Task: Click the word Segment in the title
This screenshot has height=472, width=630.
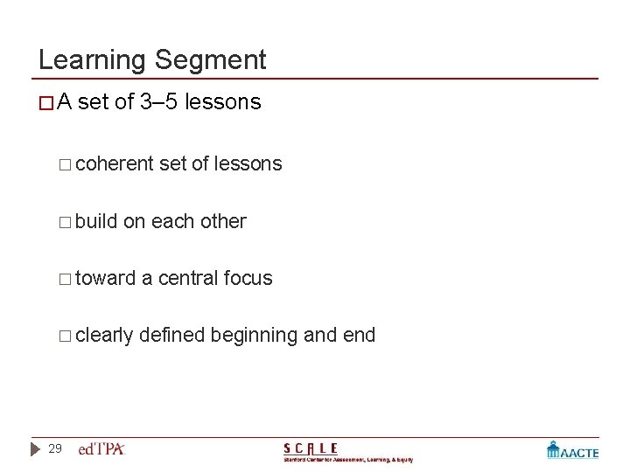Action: point(211,60)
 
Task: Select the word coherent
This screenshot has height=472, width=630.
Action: point(115,163)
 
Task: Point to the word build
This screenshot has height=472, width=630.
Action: point(97,221)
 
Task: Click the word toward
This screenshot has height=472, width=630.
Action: point(106,278)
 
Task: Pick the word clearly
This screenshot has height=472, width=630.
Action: point(105,335)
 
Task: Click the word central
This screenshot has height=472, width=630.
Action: point(188,278)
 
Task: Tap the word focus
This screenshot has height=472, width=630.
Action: point(248,278)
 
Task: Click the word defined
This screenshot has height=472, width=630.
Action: point(174,335)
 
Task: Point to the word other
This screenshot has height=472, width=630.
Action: point(223,221)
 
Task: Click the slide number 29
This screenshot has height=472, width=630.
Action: point(55,449)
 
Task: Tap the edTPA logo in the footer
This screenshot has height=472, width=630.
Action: point(102,449)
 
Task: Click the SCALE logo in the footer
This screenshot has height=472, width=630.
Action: point(347,452)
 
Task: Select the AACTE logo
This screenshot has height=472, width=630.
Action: point(573,450)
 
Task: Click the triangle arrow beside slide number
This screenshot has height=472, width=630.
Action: point(34,449)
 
